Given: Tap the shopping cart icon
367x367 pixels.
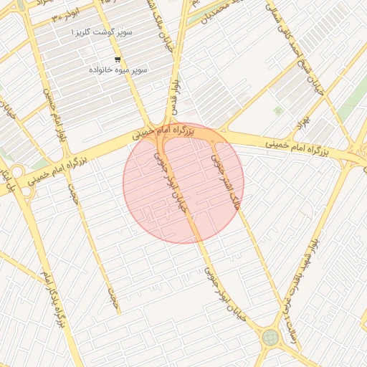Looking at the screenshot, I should tap(118, 59).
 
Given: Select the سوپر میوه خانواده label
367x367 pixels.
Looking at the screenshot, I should tap(118, 70).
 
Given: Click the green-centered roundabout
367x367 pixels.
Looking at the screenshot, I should tap(270, 337).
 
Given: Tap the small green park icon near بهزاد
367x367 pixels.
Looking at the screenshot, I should tap(277, 110).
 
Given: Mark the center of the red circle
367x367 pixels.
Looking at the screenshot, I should tap(183, 183).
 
